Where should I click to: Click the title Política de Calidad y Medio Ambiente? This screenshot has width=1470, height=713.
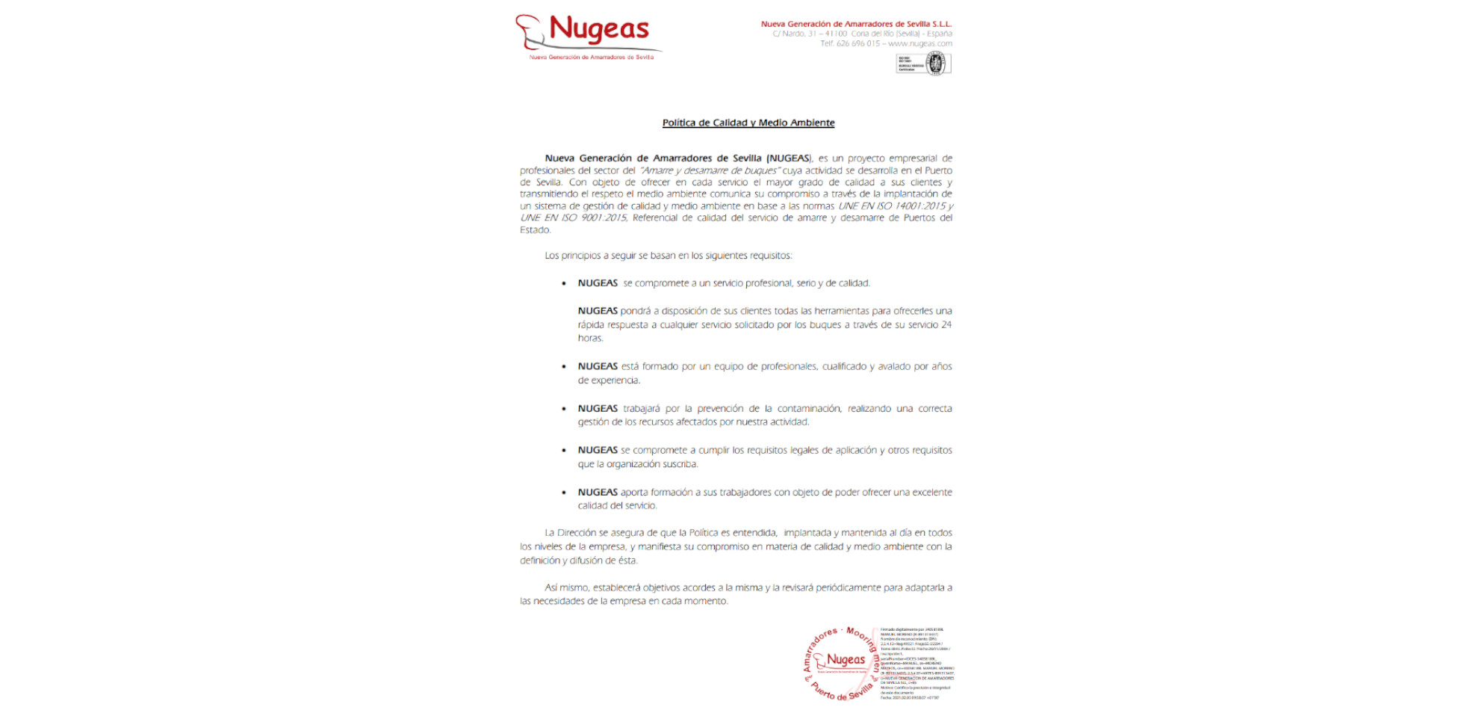click(748, 123)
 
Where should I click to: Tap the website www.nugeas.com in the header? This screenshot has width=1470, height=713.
click(919, 43)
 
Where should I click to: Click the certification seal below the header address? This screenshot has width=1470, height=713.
click(923, 64)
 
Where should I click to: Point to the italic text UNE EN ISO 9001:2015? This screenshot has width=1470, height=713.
click(573, 217)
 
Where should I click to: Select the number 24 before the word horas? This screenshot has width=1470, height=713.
click(946, 324)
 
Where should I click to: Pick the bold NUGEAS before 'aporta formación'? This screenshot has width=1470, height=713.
click(598, 492)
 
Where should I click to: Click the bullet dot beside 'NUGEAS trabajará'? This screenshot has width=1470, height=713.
click(564, 409)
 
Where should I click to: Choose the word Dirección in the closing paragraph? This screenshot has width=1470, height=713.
click(576, 533)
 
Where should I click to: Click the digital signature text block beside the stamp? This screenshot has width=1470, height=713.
click(917, 664)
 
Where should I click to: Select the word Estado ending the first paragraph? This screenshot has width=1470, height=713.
click(535, 230)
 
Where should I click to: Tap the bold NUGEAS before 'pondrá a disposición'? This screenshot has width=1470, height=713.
click(598, 311)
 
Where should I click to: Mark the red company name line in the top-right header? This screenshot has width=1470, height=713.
click(856, 24)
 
